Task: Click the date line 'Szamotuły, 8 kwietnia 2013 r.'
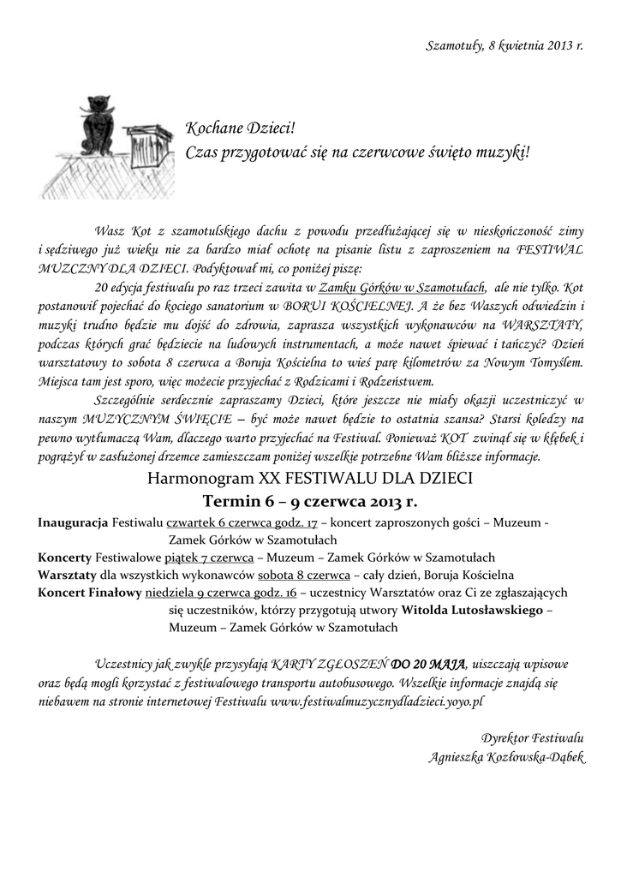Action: [x=505, y=45]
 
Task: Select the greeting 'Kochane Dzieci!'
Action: [x=240, y=129]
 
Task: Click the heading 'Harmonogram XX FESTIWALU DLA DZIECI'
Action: [x=310, y=477]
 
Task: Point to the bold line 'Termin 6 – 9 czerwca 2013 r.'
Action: [x=310, y=500]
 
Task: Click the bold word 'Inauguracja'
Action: [x=73, y=522]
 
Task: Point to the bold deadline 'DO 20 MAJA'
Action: [x=427, y=664]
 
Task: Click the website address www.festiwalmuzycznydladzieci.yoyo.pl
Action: [x=378, y=700]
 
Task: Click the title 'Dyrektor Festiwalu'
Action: [x=532, y=737]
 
